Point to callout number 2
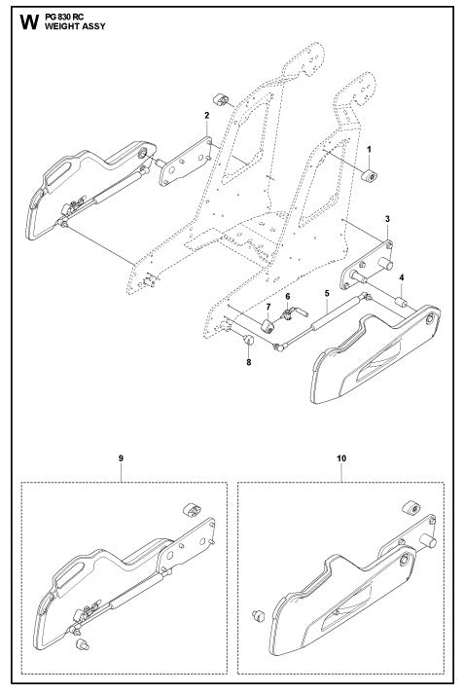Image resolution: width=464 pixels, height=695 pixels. [206, 115]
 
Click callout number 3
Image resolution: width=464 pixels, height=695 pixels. [387, 220]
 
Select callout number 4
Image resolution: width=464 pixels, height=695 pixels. [402, 276]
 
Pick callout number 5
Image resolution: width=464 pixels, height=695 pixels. [327, 292]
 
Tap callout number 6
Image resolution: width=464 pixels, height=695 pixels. [287, 294]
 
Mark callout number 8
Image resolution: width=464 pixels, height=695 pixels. [248, 362]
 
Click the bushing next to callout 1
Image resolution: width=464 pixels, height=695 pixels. [371, 175]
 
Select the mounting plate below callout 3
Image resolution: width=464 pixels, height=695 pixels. [373, 261]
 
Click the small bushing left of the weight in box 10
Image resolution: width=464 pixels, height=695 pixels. [259, 615]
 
